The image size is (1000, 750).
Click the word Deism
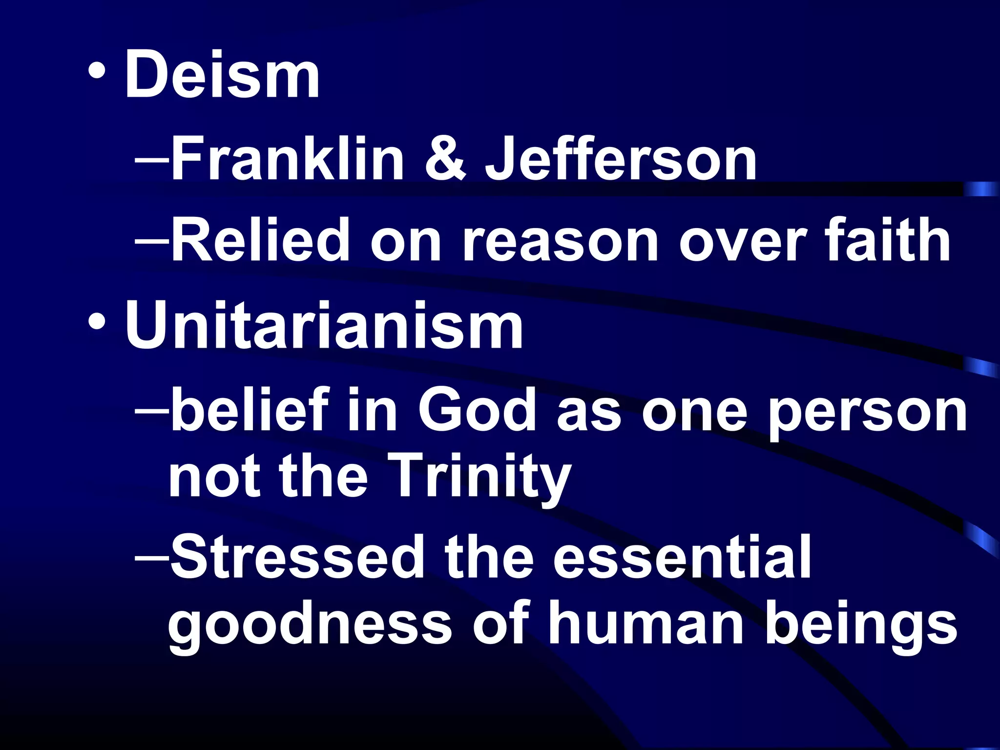pos(222,76)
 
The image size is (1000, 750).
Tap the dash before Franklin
pos(152,159)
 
